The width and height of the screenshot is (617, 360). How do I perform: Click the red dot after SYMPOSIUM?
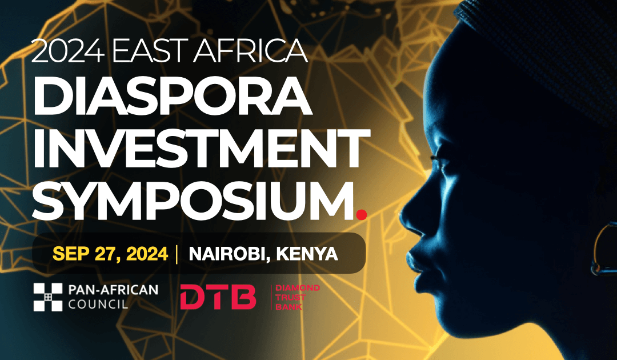pos(360,214)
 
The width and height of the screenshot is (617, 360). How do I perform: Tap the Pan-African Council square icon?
pos(47,297)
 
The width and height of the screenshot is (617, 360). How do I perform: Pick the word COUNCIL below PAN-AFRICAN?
pos(98,305)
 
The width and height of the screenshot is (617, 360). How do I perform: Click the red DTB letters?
pos(218,297)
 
